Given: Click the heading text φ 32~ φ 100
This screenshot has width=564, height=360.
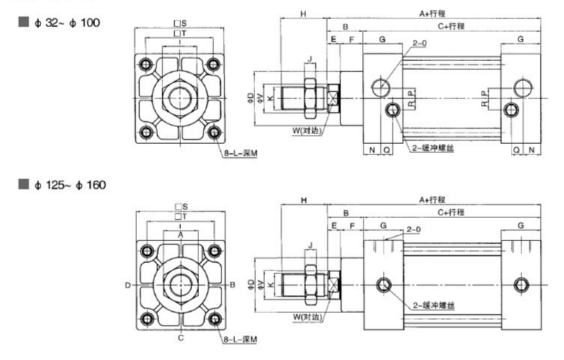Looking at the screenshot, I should (66, 22).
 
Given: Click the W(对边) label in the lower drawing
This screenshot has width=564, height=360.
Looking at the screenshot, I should (308, 316).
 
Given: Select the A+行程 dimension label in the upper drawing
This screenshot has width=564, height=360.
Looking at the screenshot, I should (433, 13).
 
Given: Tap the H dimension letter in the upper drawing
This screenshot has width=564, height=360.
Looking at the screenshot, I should (303, 13).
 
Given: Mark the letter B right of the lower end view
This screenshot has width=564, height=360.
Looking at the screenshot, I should (231, 285).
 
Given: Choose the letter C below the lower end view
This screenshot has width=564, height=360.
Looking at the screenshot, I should (180, 338).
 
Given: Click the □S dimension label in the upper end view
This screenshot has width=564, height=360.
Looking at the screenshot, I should (180, 24).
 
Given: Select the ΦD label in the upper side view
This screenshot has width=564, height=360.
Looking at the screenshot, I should (250, 98).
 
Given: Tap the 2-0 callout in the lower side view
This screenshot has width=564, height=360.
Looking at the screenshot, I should (412, 229).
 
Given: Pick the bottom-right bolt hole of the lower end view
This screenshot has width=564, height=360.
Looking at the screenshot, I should (214, 320).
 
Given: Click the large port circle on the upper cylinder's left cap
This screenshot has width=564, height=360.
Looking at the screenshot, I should (381, 87).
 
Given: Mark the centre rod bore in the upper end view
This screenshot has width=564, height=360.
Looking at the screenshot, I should (180, 99).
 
